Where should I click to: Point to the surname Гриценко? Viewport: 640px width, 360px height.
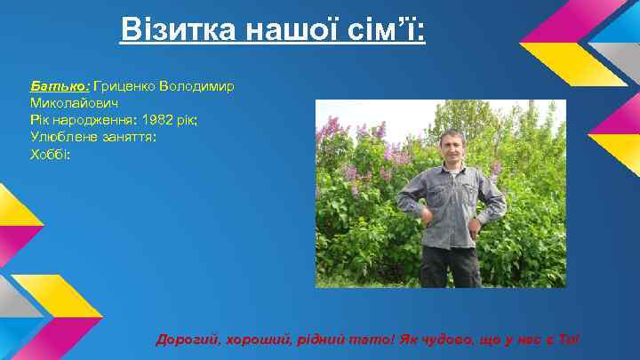pos(123,86)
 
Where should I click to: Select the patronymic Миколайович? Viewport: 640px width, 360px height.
pos(68,103)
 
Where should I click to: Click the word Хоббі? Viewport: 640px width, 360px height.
pos(49,154)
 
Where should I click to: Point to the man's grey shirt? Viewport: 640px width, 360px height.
pos(451,204)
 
